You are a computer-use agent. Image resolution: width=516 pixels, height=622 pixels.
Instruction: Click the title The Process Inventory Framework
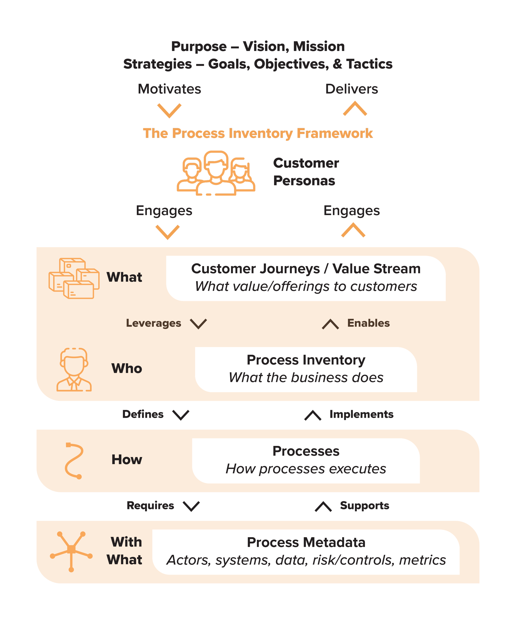coord(258,134)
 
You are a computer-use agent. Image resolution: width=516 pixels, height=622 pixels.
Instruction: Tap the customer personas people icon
coord(216,173)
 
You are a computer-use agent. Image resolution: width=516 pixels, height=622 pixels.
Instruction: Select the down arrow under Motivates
coord(169,110)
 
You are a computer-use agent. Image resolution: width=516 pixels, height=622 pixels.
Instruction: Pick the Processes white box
coord(306,461)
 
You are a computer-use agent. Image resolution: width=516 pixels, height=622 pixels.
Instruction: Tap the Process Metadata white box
coord(306,552)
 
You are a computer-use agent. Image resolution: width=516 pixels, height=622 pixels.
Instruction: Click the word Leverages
coord(153,323)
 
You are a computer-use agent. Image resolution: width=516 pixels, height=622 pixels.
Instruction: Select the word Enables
coord(368,323)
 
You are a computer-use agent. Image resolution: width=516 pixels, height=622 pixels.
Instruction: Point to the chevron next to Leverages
coord(198,324)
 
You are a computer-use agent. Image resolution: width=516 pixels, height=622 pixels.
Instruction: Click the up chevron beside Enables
coord(330,324)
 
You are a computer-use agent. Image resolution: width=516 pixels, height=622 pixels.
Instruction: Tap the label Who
coord(127,368)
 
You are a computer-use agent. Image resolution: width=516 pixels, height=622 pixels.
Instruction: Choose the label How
coord(127,460)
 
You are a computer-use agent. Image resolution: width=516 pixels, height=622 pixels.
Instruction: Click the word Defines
coord(143,414)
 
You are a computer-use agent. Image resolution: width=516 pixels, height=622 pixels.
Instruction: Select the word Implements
coord(361,414)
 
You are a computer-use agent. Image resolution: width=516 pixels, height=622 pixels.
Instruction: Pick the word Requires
coord(150,506)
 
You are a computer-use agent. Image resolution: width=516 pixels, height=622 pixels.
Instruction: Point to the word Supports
coord(364,506)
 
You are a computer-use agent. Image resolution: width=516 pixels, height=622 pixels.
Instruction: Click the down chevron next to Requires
coord(191,506)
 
